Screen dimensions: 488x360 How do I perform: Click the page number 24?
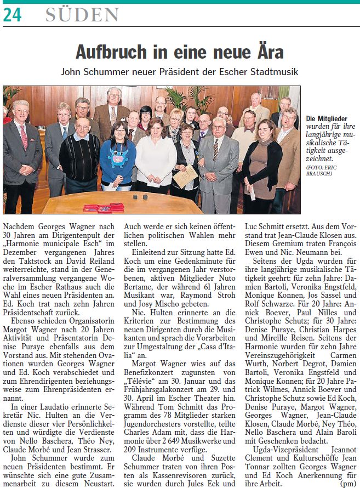pyautogui.click(x=12, y=15)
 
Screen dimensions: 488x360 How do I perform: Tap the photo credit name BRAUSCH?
pyautogui.click(x=321, y=174)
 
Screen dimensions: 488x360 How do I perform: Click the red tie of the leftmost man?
pyautogui.click(x=23, y=137)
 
